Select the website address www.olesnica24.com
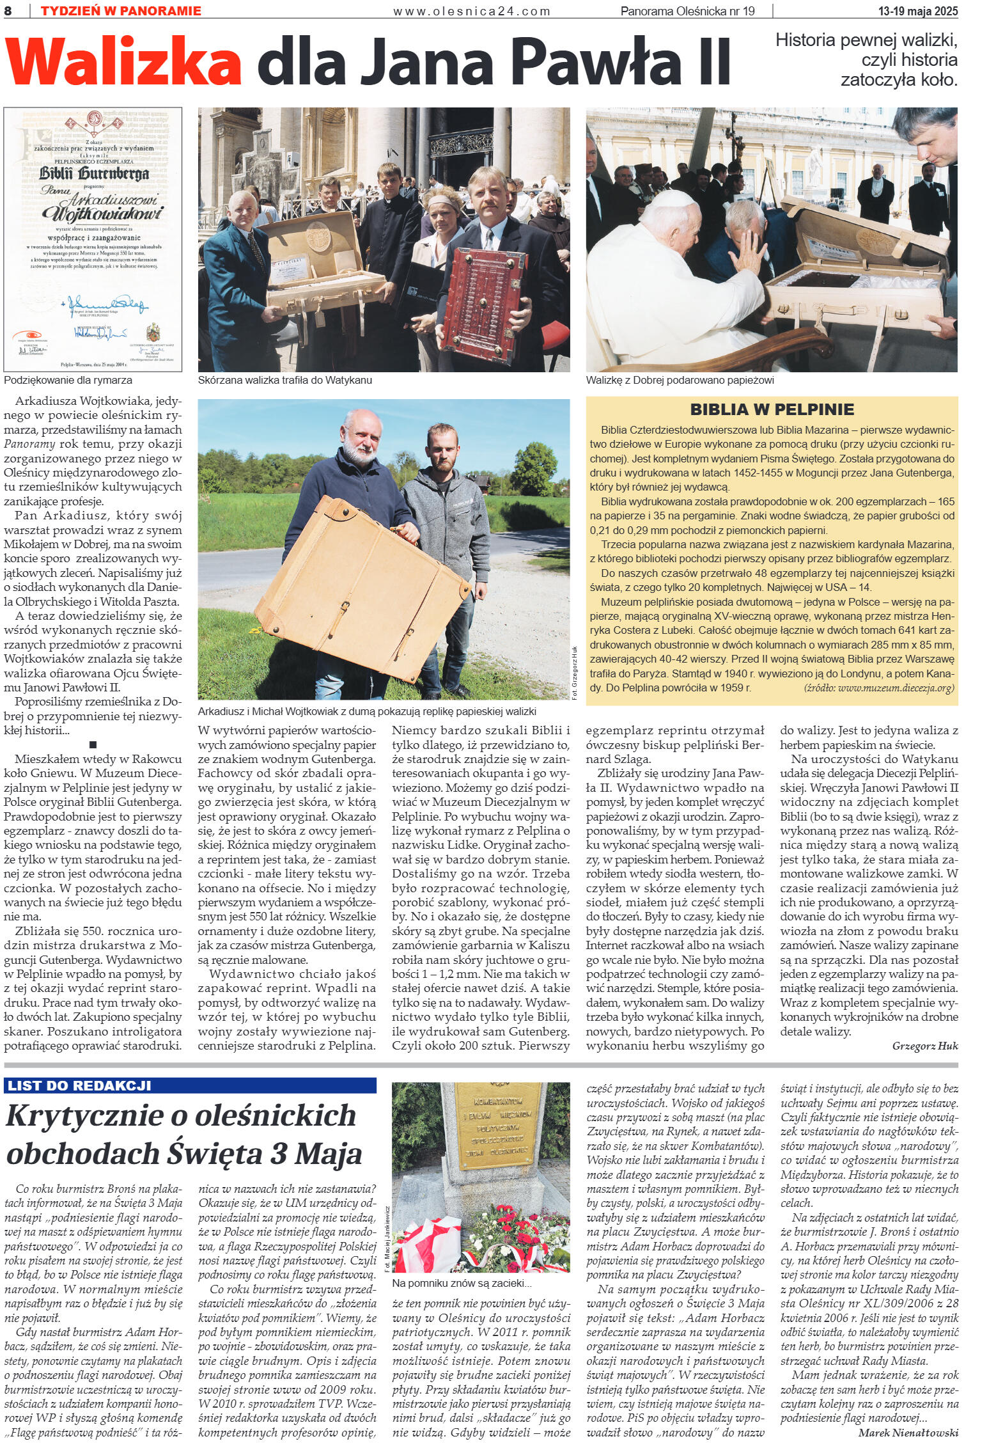(471, 11)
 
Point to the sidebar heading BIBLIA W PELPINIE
(772, 409)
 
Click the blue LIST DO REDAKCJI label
(79, 1085)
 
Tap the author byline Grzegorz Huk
(925, 1046)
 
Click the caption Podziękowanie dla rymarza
(68, 380)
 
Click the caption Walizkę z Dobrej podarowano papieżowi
(680, 380)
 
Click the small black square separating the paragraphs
(93, 744)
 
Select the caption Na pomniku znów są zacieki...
(462, 1283)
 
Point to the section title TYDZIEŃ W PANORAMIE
(120, 10)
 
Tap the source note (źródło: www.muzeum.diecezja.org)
(878, 688)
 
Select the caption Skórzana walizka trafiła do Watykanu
(285, 380)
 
